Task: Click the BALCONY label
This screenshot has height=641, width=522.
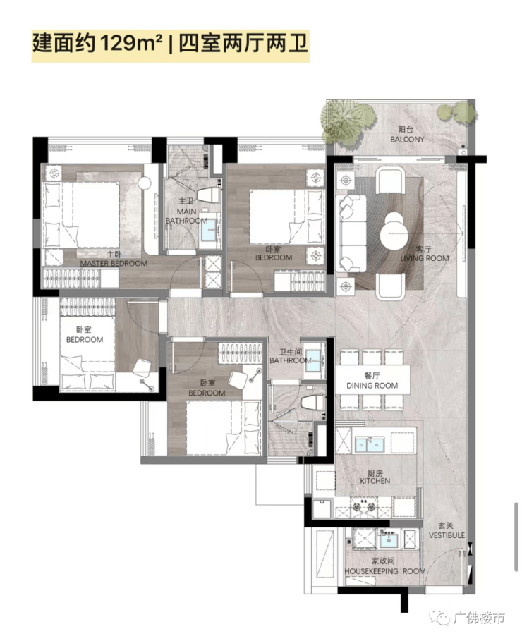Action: (407, 139)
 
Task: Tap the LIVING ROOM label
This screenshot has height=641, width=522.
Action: (424, 258)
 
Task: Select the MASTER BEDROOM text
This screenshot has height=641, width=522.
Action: (114, 263)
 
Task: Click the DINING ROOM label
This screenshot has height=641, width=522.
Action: (372, 385)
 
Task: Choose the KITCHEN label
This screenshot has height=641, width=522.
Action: (375, 481)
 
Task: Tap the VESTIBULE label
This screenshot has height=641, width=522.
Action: (447, 535)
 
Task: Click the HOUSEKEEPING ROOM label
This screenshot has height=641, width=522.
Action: (385, 570)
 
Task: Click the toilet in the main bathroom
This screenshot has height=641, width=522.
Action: (208, 195)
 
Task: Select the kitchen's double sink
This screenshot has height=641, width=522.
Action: (370, 444)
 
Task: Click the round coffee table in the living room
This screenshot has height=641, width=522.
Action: (394, 231)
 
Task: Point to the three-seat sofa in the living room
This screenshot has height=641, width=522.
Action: (351, 233)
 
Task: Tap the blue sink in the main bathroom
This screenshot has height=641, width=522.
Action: (211, 231)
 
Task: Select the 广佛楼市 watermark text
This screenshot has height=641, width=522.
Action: (478, 618)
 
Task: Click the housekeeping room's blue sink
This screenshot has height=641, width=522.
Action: (387, 540)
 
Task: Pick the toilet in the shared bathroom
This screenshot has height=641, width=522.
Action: (313, 402)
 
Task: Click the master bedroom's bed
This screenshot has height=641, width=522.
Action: (82, 214)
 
